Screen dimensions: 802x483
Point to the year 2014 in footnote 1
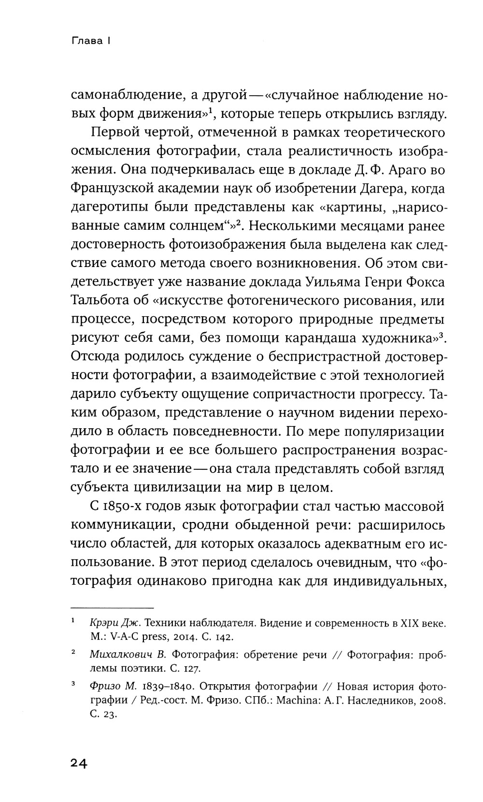183,637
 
